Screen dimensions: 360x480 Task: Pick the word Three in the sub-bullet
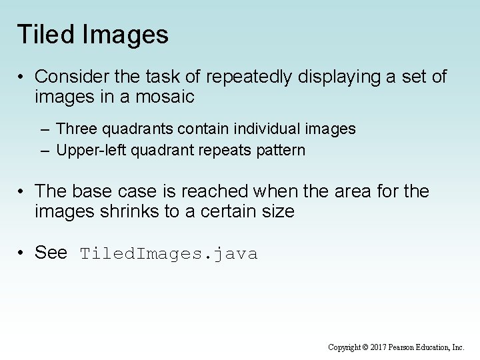[x=75, y=127]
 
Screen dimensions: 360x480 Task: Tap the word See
[x=50, y=253]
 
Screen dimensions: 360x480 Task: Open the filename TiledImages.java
[x=169, y=254]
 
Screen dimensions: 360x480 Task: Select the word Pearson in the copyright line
[x=413, y=347]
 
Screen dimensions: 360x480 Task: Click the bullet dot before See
[x=22, y=253]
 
